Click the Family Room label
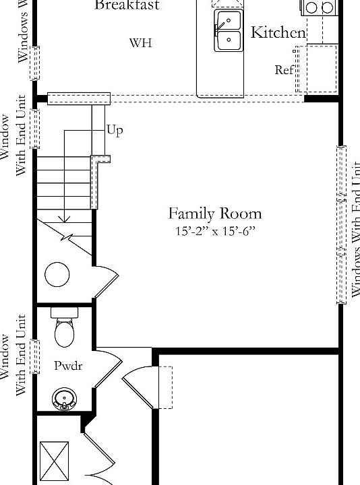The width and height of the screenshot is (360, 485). (x=214, y=214)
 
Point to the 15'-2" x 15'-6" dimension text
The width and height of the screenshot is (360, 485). (x=214, y=231)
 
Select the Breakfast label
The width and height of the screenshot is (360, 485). (x=127, y=5)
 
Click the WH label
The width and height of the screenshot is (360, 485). (x=140, y=43)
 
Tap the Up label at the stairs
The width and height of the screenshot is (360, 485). (x=115, y=131)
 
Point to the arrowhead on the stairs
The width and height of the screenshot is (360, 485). (x=63, y=218)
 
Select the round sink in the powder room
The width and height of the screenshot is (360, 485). (x=65, y=399)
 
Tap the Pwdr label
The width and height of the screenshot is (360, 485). (x=67, y=366)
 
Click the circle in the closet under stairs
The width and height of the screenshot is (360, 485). (x=57, y=274)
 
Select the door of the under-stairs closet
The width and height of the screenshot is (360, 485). (x=107, y=280)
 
